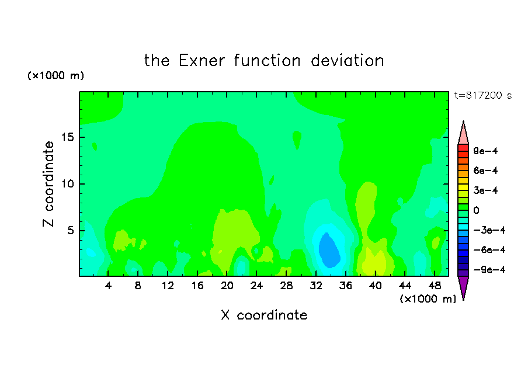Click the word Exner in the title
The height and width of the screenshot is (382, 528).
202,61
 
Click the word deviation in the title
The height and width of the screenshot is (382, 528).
347,61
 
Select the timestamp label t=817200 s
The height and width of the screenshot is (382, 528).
483,96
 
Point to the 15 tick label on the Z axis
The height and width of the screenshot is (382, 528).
67,137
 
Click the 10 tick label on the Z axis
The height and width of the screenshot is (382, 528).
67,184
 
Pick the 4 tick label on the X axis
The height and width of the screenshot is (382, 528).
108,286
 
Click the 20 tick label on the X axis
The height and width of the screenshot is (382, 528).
227,286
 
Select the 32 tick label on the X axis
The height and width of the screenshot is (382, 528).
316,286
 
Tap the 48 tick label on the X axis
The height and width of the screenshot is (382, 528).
435,286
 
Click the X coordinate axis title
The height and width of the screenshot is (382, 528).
264,315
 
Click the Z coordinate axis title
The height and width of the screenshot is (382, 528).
48,184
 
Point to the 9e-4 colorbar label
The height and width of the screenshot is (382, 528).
485,151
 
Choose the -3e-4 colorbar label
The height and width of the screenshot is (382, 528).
489,230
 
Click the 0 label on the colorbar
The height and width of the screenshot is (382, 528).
476,210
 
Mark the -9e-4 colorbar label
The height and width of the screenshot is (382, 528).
489,269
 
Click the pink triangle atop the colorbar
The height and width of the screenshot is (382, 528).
463,134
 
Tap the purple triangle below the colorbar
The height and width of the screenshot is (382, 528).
463,286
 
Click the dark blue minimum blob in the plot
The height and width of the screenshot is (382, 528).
329,250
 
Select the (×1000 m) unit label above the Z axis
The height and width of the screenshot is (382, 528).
55,75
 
